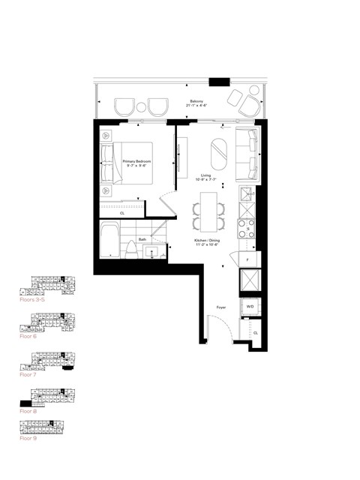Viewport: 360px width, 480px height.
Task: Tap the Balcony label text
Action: click(196, 102)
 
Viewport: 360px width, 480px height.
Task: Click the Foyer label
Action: click(222, 307)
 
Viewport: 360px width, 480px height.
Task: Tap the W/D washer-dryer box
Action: click(248, 307)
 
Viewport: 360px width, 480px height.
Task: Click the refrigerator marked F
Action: click(247, 259)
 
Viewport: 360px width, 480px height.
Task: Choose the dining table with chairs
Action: click(208, 211)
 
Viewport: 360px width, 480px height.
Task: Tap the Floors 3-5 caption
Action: click(34, 298)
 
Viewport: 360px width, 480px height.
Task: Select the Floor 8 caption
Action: click(29, 411)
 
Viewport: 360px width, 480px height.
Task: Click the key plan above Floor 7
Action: click(46, 361)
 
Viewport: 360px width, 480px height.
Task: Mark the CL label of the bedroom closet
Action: click(122, 212)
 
